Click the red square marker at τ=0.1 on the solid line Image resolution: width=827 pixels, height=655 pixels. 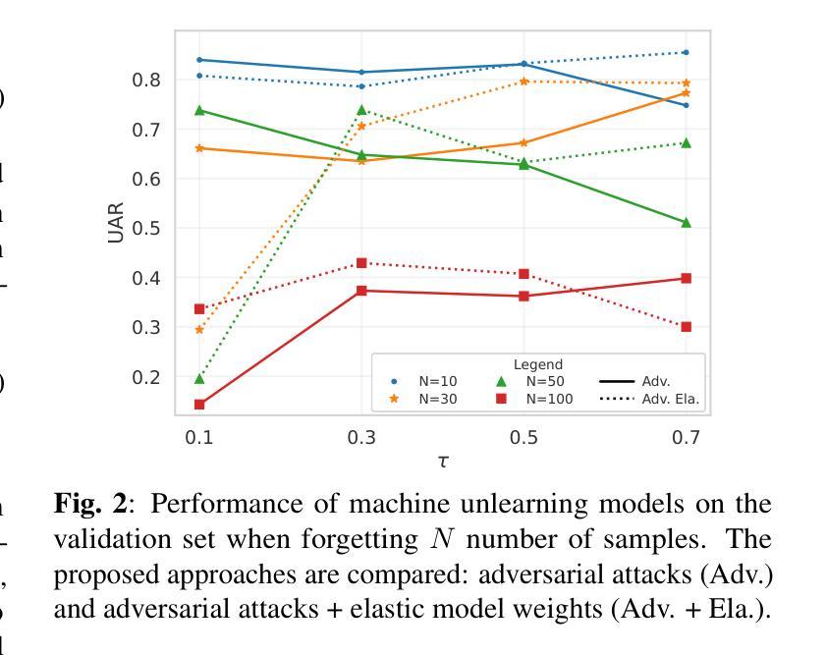[199, 405]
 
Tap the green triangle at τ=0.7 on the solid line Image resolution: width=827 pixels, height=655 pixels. [686, 223]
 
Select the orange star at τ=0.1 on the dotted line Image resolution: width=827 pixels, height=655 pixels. [199, 329]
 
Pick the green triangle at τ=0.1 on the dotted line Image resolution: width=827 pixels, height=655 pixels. [199, 379]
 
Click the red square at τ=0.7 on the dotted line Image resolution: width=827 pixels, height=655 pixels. [686, 327]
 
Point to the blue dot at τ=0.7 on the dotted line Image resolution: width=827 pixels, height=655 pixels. [686, 52]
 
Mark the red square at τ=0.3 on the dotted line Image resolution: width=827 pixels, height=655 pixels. [361, 263]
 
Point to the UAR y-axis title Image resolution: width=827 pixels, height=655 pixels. [117, 223]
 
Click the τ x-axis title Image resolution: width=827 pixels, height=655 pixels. [443, 461]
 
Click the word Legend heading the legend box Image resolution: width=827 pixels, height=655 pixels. [538, 364]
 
